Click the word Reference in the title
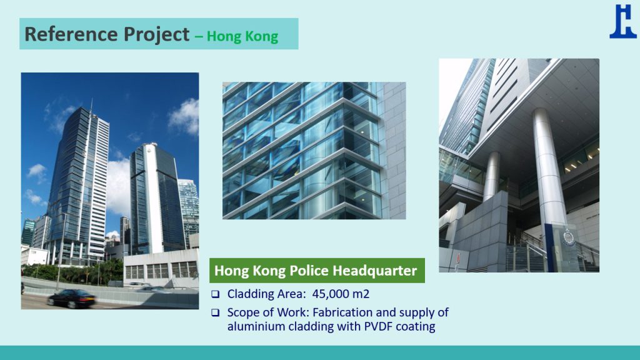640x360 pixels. (x=71, y=34)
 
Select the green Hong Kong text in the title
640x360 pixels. (x=242, y=36)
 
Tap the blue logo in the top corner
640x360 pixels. (x=623, y=22)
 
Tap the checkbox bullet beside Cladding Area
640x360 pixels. (x=215, y=294)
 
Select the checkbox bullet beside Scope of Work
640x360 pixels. (x=215, y=312)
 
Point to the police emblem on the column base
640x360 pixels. (x=569, y=237)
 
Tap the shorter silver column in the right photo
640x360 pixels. (x=492, y=176)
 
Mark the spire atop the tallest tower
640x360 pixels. (x=91, y=106)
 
